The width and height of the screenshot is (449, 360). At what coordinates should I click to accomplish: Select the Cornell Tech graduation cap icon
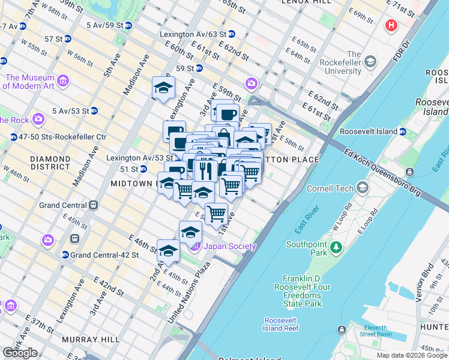(362, 188)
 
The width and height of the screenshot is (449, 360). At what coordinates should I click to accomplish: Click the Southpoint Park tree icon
(337, 247)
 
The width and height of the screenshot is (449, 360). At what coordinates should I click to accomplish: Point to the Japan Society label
(230, 246)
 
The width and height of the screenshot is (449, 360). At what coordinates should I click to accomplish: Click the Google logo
(20, 353)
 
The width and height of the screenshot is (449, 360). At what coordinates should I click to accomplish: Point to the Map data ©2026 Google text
(412, 355)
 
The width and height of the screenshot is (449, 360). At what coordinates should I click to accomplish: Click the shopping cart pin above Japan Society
(216, 214)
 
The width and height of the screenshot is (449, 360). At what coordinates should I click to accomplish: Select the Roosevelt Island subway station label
(369, 131)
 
